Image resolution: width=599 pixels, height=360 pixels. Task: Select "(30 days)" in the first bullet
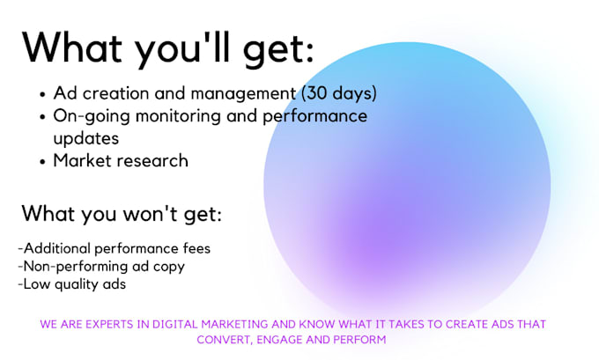coord(339,93)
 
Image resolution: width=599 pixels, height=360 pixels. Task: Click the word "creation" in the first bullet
coord(114,93)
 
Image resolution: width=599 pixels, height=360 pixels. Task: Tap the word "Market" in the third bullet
coord(81,160)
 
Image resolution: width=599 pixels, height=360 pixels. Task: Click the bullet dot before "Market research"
coord(44,161)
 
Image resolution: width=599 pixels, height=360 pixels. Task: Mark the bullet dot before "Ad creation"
coord(44,94)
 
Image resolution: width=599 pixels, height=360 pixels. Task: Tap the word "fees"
coord(196,247)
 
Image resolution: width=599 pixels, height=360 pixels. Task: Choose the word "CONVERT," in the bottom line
coord(238,339)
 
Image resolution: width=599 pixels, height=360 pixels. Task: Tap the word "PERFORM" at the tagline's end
coord(359,339)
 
